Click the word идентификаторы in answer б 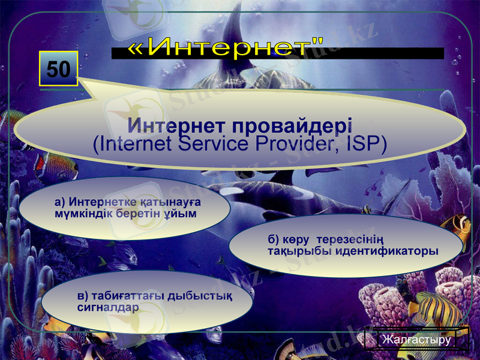coord(387,251)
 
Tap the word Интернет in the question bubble coord(173,127)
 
